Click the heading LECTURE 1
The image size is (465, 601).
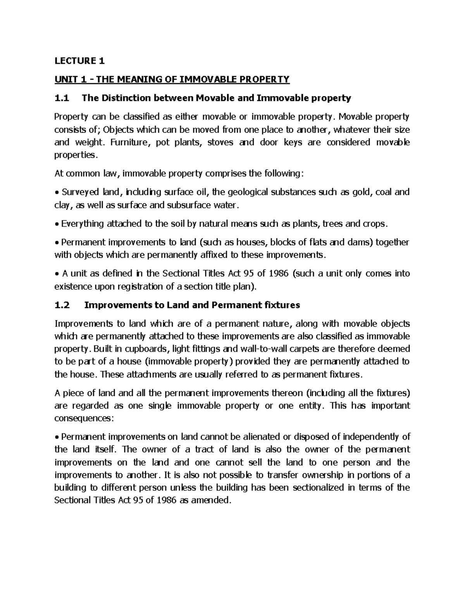pos(79,61)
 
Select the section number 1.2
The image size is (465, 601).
pos(62,305)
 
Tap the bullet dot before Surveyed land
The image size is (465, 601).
pos(57,193)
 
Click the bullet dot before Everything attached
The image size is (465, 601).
pos(57,224)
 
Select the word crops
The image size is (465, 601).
pos(374,224)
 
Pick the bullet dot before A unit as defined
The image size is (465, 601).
pos(57,274)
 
